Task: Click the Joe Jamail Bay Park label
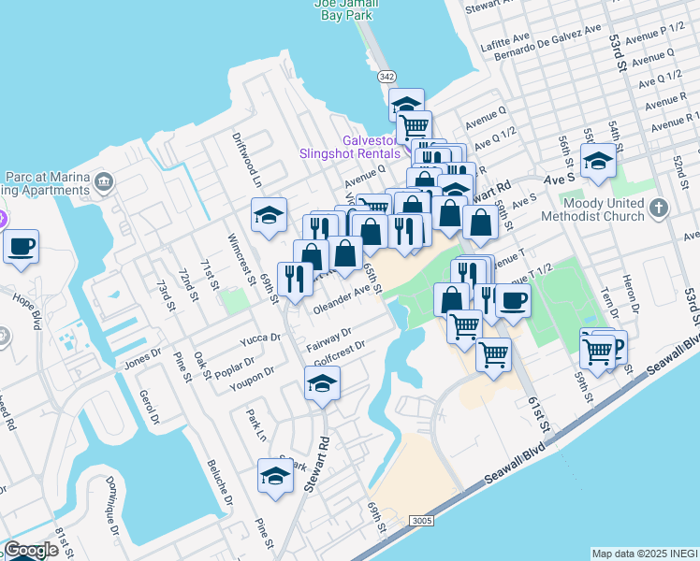pos(345,9)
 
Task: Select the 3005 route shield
pos(420,520)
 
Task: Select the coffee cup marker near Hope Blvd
pos(21,247)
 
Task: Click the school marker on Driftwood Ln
pos(269,216)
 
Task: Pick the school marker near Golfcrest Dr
pos(321,382)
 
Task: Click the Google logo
pos(30,550)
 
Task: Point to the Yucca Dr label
pos(261,338)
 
